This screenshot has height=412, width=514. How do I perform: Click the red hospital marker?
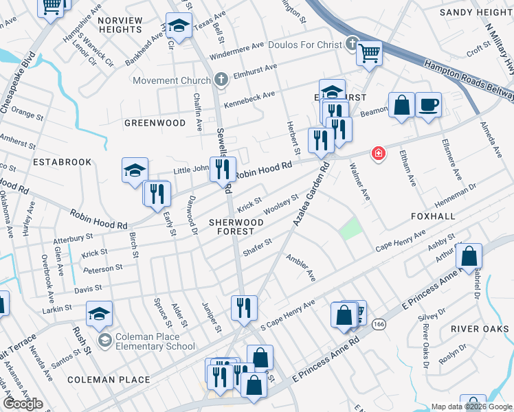pos(377,154)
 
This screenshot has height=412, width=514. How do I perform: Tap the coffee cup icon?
pos(428,105)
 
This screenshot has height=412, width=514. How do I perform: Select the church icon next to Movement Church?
pos(221,80)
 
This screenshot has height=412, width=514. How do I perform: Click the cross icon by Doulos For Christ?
pos(353,44)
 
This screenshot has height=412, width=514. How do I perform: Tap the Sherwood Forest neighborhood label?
pos(236,227)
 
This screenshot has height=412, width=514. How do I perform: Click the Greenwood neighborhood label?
pos(155,123)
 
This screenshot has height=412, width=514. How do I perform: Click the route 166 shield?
pos(379,323)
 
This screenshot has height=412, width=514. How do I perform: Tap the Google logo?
pos(23,404)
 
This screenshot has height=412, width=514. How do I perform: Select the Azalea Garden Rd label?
pos(309,194)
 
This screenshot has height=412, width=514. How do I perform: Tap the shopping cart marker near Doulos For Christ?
pos(369,52)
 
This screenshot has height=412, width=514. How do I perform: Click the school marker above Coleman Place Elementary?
pos(99,314)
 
